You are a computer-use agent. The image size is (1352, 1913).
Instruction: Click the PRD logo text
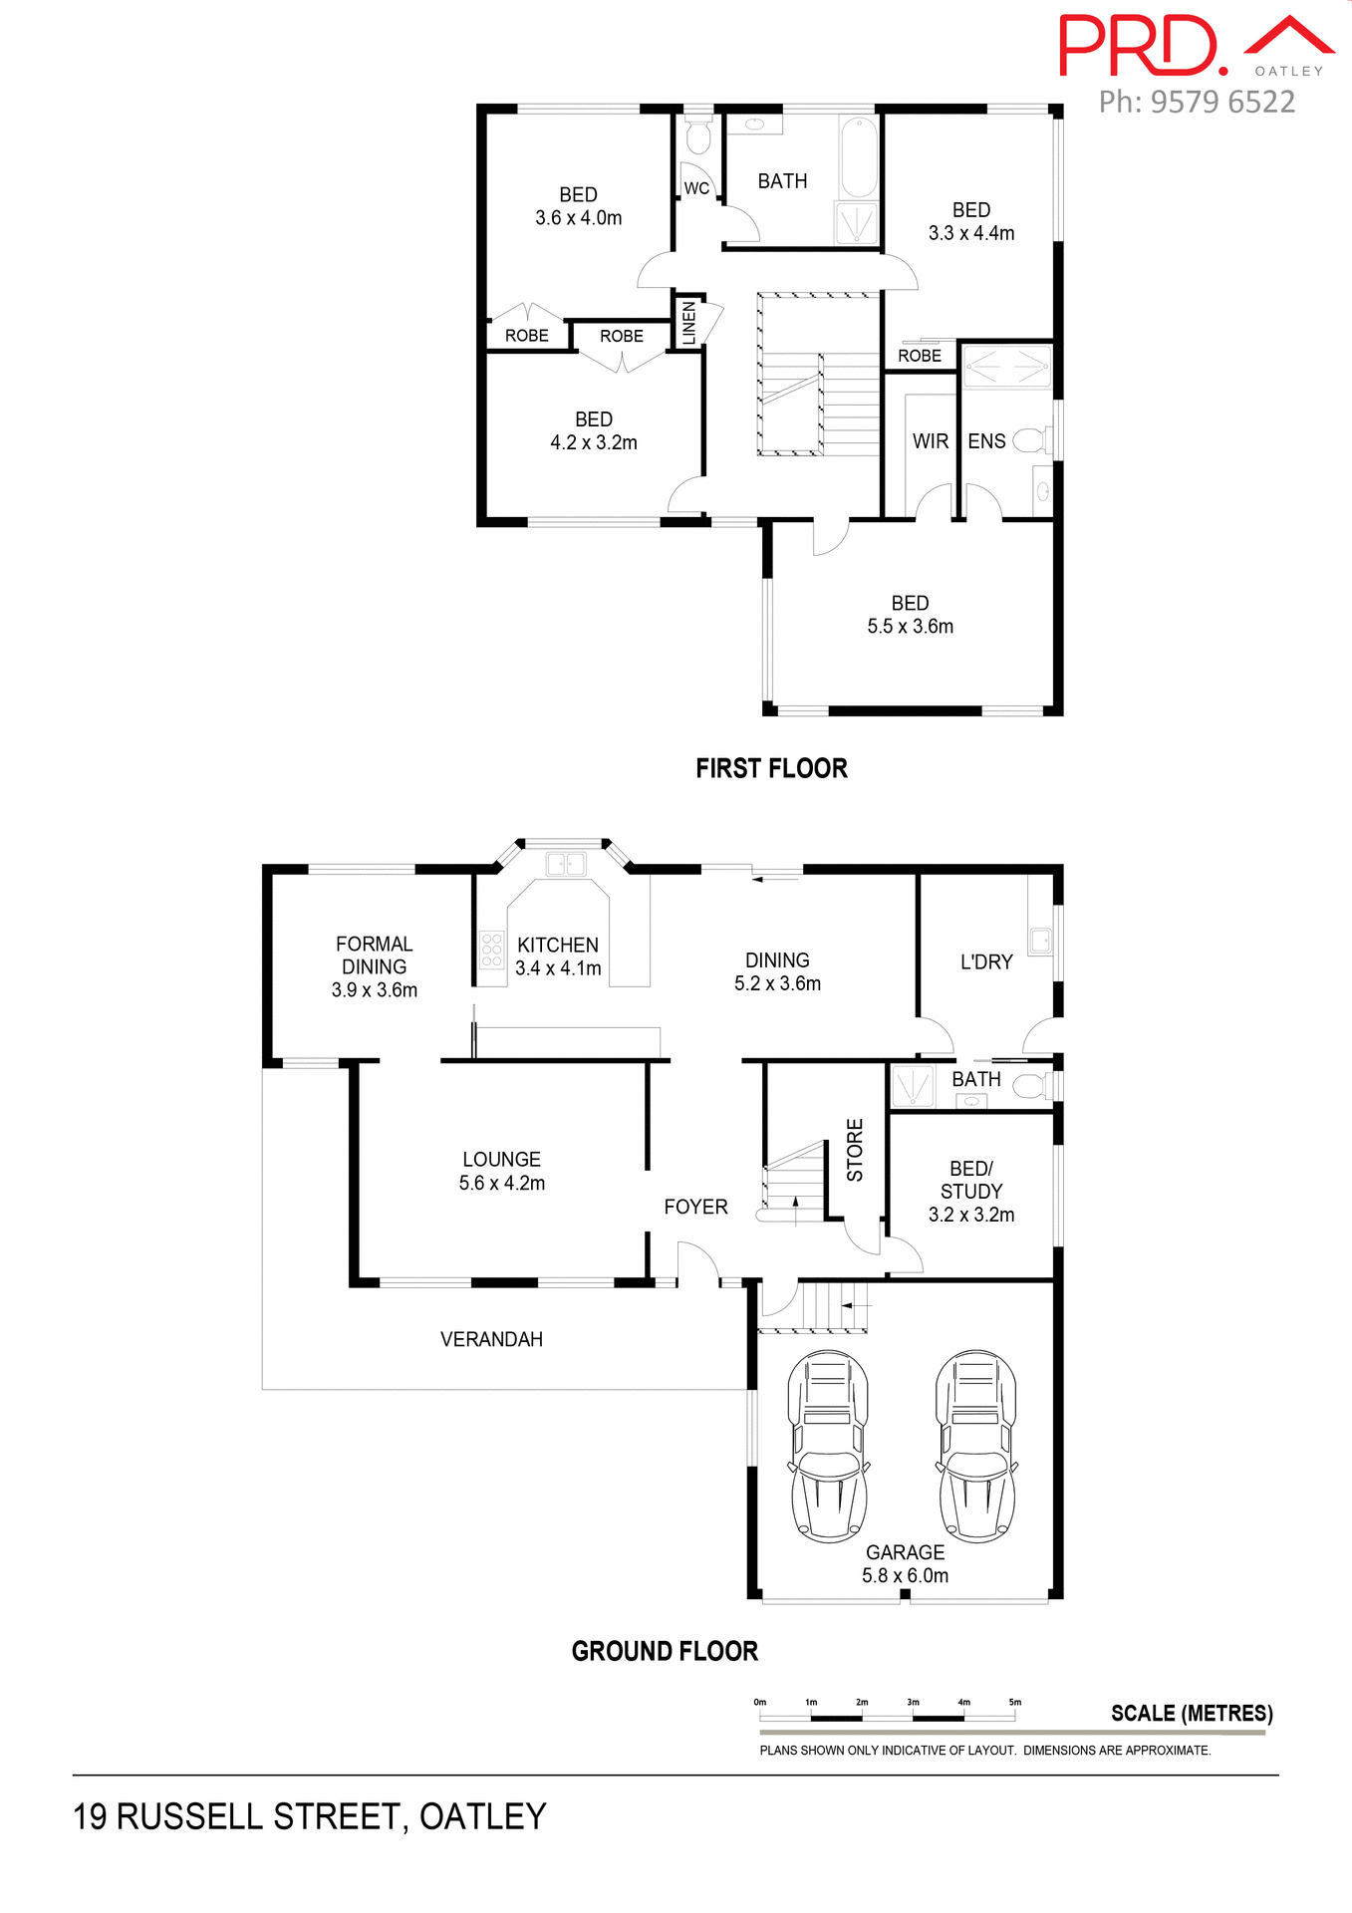[x=1141, y=46]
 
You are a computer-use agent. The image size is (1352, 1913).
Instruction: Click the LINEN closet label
[x=688, y=322]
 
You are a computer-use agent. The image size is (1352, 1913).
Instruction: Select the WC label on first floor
[x=696, y=188]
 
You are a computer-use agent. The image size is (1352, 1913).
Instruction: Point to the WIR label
[x=930, y=441]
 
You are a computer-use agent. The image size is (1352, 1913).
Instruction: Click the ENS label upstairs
[x=986, y=441]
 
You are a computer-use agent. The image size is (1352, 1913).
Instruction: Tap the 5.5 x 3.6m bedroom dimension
[x=910, y=627]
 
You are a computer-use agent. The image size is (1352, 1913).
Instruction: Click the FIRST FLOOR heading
[x=771, y=768]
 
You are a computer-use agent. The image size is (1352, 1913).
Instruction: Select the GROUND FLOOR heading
[x=665, y=1651]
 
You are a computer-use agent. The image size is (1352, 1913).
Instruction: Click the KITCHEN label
[x=558, y=945]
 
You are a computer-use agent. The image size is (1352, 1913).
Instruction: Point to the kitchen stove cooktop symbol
[x=491, y=951]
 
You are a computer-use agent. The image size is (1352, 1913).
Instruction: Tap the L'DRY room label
[x=985, y=961]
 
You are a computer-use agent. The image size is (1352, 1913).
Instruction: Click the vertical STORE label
[x=855, y=1150]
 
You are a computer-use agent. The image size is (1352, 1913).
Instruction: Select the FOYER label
[x=695, y=1207]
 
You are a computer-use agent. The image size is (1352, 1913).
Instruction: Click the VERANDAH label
[x=491, y=1339]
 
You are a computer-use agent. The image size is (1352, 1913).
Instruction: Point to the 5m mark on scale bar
[x=1014, y=1702]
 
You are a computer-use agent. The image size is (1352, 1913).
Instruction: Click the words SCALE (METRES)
[x=1192, y=1713]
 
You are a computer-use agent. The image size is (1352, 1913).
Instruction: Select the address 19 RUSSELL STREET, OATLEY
[x=309, y=1816]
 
